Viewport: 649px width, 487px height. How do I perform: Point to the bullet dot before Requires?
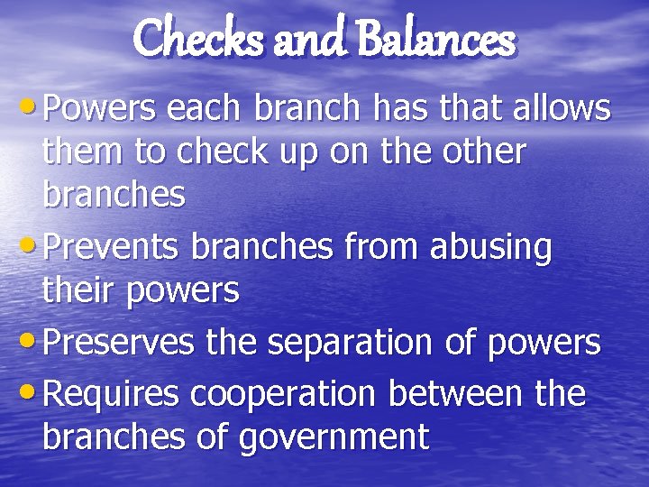point(30,392)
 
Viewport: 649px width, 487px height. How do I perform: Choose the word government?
point(333,437)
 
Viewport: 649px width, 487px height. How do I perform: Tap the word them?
point(82,152)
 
